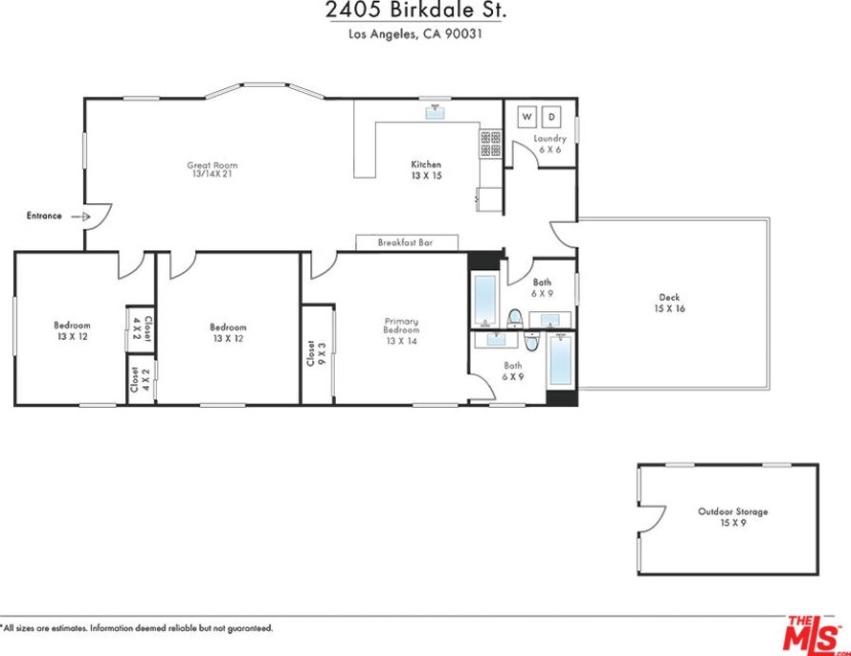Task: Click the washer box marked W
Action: (527, 117)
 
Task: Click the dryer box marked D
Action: (551, 117)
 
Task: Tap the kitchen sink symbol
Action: (436, 111)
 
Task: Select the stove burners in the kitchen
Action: (491, 144)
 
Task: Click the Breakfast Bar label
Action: (406, 242)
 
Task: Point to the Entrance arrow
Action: (80, 216)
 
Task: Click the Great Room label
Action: (213, 169)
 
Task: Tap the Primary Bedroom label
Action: (402, 330)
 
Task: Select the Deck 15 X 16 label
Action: (670, 303)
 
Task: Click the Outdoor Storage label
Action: (732, 516)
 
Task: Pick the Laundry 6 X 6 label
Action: (549, 144)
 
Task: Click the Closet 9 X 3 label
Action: (316, 353)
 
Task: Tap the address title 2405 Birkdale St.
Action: (415, 10)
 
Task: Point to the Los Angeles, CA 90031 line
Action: (415, 34)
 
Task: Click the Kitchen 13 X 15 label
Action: (426, 170)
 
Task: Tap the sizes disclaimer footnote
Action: (137, 628)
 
